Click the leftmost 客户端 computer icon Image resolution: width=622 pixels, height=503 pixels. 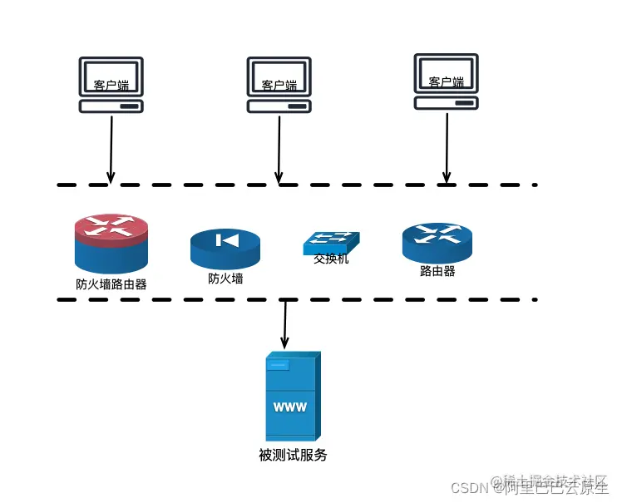coord(111,84)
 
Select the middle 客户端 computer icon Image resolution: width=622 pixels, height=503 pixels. coord(279,84)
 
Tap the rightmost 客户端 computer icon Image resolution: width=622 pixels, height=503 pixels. coord(447,81)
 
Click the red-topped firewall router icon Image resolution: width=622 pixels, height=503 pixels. coord(111,242)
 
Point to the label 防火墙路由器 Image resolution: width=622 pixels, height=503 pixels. coord(111,284)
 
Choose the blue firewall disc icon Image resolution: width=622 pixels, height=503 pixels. coord(225,248)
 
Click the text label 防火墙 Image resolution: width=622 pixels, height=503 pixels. coord(225,279)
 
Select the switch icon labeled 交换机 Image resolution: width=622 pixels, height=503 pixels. coord(331,242)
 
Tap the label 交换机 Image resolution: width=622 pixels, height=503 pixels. coord(331,259)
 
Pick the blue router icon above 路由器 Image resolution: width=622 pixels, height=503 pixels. coord(437,242)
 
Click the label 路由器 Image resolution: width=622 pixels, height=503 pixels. coord(437,271)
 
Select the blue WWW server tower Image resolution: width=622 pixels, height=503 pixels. coord(292,397)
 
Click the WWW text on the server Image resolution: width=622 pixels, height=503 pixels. coord(289,407)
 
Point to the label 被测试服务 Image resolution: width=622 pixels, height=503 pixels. coord(293,455)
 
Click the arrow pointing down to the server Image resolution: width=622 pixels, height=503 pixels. coord(285,324)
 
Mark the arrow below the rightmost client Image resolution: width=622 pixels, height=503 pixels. coord(447,148)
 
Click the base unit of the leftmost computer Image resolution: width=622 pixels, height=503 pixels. coord(111,106)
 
